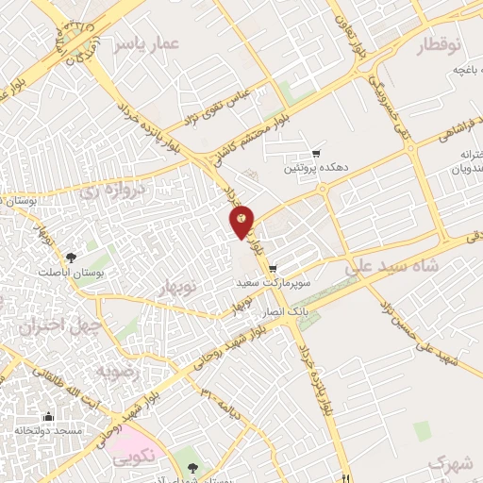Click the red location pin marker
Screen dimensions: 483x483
point(241,221)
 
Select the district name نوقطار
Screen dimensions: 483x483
point(441,43)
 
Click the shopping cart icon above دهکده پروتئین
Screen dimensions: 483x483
point(316,154)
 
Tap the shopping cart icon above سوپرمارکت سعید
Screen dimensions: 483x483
point(273,269)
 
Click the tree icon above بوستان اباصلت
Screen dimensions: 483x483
point(73,258)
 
